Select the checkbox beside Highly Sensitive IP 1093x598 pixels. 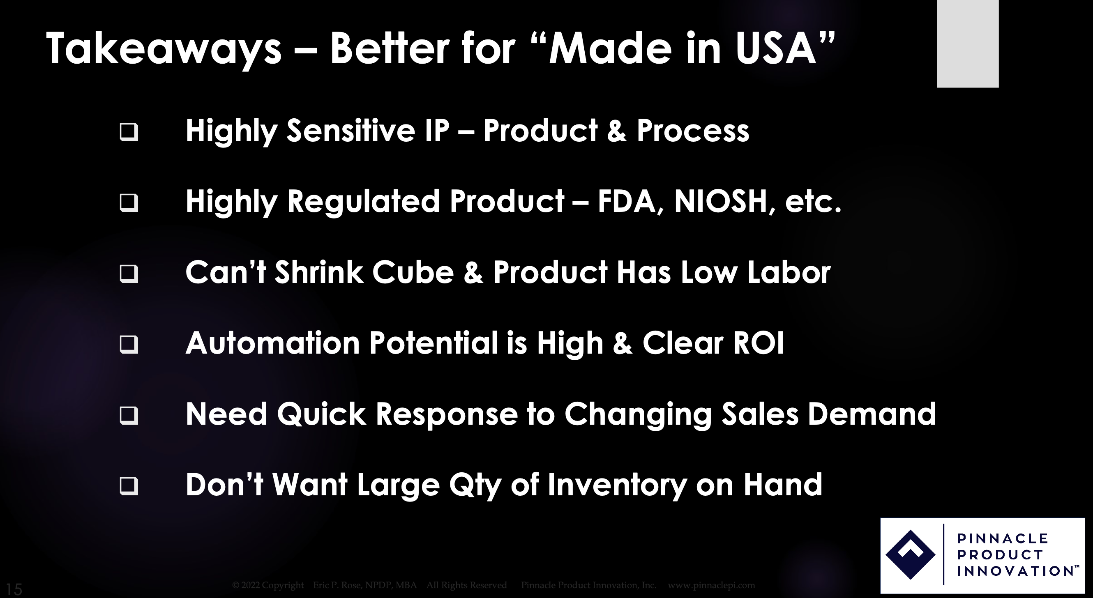[x=129, y=132]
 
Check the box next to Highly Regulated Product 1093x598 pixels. [x=129, y=203]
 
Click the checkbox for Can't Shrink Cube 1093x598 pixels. [x=129, y=274]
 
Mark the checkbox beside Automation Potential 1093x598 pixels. [x=129, y=344]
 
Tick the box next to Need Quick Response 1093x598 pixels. [x=129, y=415]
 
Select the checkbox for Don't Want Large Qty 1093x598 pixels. [x=129, y=486]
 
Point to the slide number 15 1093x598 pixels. [x=14, y=589]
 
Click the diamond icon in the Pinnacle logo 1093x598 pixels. [x=911, y=554]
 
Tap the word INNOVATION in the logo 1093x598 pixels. [x=1015, y=571]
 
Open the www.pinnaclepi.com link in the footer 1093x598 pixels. [x=712, y=585]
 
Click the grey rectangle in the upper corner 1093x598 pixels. [x=968, y=44]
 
